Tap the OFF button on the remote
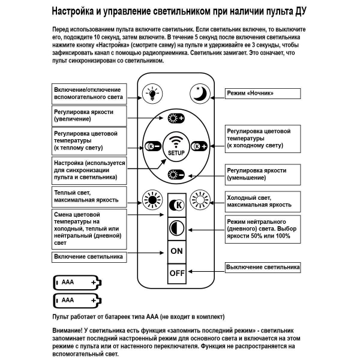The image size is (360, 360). click(176, 273)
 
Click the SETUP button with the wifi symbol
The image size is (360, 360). click(176, 145)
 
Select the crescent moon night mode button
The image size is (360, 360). click(199, 94)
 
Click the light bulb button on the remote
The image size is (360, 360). click(152, 94)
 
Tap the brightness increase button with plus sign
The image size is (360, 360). click(176, 118)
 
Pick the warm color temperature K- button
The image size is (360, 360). click(152, 146)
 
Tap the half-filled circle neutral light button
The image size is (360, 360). click(176, 227)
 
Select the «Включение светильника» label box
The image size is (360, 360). click(89, 256)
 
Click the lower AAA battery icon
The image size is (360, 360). click(77, 300)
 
